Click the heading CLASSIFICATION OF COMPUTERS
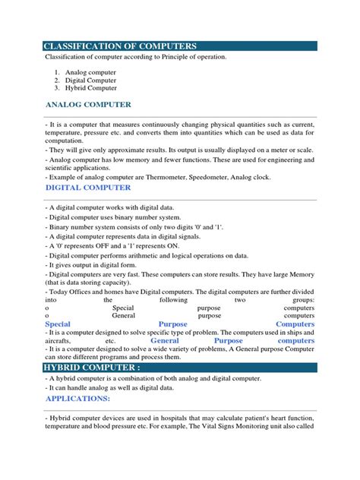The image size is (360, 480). [x=121, y=46]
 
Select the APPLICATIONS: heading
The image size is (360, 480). [x=77, y=398]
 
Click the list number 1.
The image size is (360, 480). [x=56, y=72]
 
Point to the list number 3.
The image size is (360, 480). [x=56, y=88]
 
